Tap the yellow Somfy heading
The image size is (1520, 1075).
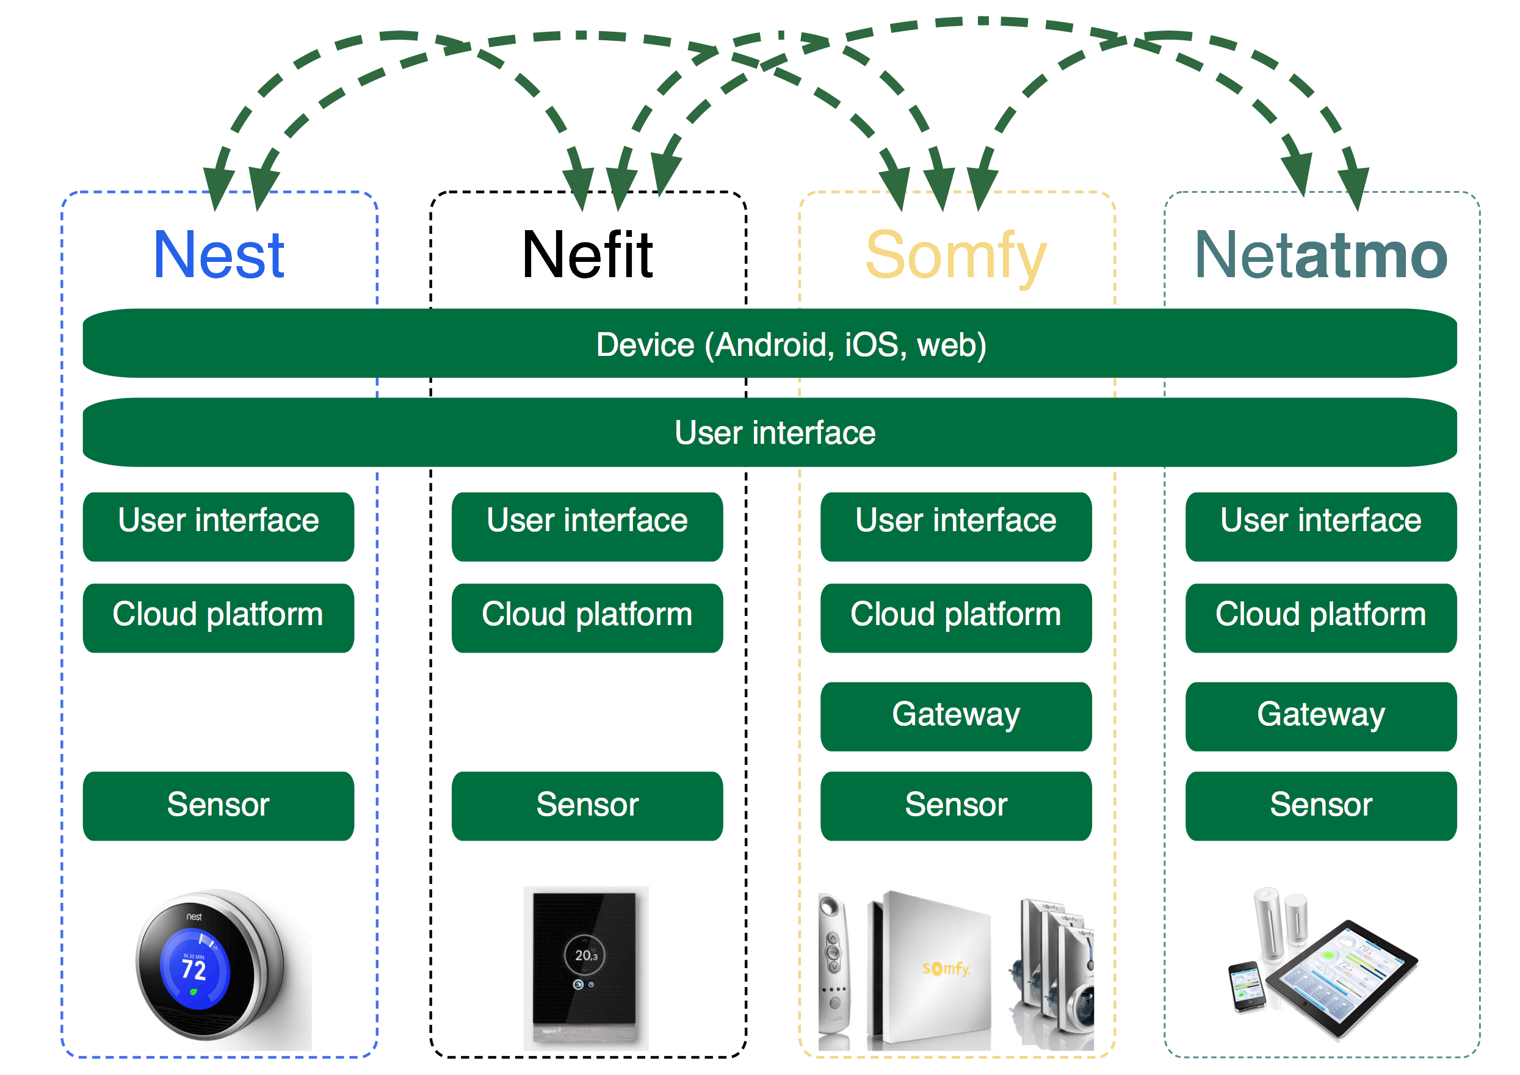coord(956,256)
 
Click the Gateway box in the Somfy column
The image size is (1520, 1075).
coord(956,715)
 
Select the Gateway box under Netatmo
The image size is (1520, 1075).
coord(1321,715)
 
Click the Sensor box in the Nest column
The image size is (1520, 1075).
coord(219,806)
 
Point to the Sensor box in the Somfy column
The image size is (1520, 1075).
coord(956,806)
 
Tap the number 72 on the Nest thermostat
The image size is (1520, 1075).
coord(194,971)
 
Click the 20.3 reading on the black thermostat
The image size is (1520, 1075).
coord(586,955)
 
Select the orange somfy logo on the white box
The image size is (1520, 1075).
coord(946,968)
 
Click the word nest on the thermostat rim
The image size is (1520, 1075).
coord(194,917)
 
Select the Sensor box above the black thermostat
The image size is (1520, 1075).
coord(587,806)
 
